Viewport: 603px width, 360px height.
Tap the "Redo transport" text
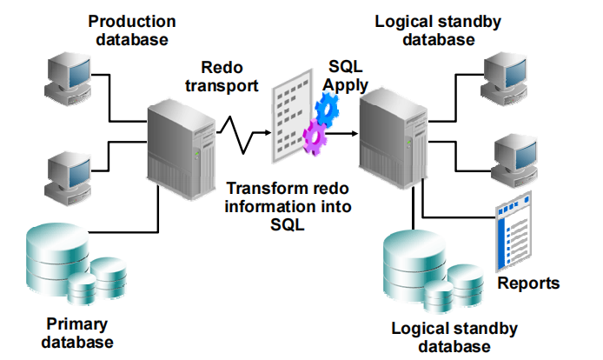tap(231, 76)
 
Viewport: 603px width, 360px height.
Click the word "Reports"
tap(528, 283)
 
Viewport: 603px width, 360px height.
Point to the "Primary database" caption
tap(78, 333)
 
